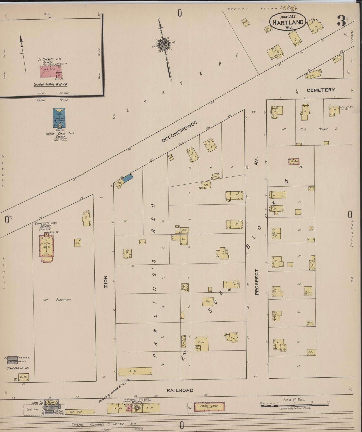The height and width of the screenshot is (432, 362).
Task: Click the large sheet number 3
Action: coord(341,21)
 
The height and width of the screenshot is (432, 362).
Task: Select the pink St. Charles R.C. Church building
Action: coord(51,72)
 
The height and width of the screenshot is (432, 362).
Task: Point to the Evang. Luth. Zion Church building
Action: coord(46,247)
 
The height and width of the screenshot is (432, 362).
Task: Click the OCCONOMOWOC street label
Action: coord(179,132)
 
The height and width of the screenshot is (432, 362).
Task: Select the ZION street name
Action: coord(106,281)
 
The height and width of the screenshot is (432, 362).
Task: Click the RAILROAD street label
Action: coord(180,390)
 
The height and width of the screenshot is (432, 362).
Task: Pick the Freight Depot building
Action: coord(209,406)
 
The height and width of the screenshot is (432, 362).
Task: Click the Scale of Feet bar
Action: coord(294,405)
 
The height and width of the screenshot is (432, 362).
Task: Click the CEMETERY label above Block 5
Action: coord(321,90)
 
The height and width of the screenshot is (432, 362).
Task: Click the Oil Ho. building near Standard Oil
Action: coord(23,377)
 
